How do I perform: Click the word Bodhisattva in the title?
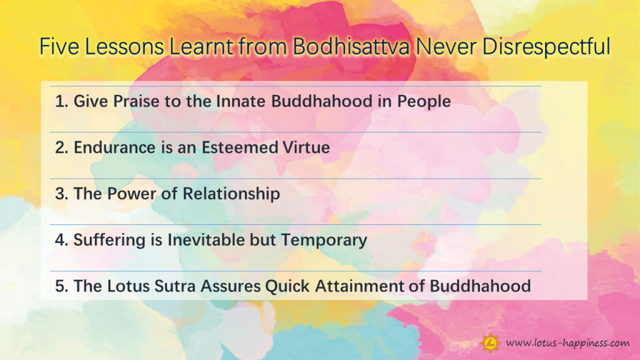point(351,46)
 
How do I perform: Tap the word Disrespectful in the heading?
point(546,46)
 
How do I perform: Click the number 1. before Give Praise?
point(62,101)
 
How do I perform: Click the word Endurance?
point(114,147)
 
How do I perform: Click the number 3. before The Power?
point(62,194)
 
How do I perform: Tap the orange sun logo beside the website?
point(490,343)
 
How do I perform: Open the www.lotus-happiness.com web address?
point(567,343)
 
